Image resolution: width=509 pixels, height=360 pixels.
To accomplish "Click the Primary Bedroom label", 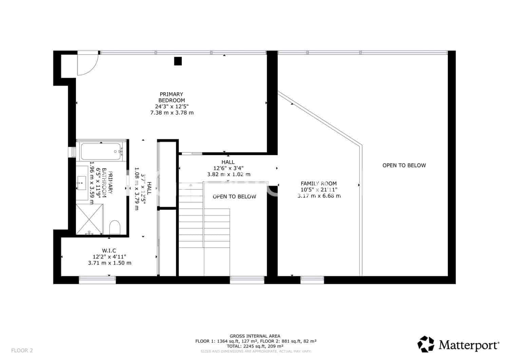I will pos(172,97).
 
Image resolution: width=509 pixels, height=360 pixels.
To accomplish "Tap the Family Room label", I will pos(319,184).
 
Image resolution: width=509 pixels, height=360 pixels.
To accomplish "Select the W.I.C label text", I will pos(109,251).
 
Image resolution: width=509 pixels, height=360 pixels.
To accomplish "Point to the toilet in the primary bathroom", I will pos(115,227).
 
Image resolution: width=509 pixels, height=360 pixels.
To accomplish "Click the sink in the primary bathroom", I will pos(81,182).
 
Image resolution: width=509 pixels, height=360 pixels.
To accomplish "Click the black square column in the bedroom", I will pos(178,61).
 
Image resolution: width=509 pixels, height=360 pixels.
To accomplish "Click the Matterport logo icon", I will pos(426,344).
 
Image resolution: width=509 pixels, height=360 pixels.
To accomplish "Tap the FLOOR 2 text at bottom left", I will pos(22,350).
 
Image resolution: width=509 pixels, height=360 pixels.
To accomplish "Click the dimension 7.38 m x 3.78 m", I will pos(172,113).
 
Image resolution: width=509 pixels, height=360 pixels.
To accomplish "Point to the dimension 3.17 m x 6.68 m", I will pos(319,196).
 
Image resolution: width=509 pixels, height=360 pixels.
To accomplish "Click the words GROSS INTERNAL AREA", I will pos(255,336).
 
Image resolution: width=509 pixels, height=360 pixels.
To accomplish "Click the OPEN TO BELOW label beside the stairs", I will pos(234,196).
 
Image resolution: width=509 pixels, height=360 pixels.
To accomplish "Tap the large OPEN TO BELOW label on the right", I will pos(404,165).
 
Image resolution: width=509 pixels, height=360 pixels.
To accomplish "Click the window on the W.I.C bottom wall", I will pos(97,280).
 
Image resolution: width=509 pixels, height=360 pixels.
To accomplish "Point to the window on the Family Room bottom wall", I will pos(312,280).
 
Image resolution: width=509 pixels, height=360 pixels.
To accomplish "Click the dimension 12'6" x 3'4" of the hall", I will pos(228,168).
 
